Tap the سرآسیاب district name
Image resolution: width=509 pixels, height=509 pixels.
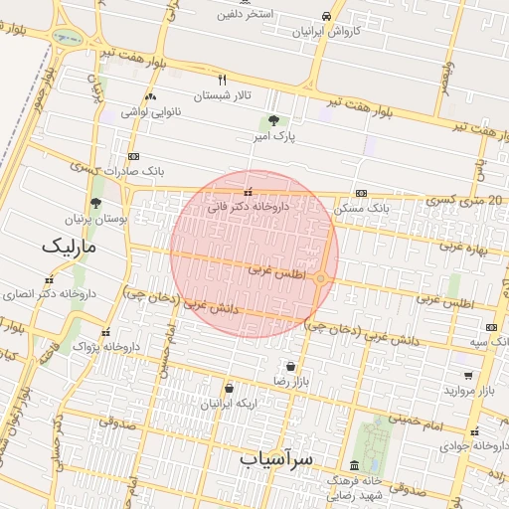point(276,458)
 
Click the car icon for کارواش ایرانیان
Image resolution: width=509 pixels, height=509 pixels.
point(327,16)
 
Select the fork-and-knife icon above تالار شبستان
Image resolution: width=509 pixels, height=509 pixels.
point(223,80)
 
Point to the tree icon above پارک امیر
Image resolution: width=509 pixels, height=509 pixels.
point(273,119)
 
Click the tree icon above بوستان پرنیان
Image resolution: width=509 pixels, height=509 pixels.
point(95,203)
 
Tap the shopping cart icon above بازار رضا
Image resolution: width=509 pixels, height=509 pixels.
point(289,366)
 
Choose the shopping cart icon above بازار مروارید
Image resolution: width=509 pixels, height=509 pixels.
point(467,376)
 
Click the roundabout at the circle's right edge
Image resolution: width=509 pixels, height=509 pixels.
point(320,278)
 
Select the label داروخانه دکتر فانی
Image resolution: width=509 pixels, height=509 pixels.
point(248,208)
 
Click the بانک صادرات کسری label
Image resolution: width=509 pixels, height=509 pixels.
point(134,171)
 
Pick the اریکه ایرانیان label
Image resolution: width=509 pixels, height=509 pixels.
point(230,404)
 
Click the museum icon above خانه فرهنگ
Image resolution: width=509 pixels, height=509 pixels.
point(354,466)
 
